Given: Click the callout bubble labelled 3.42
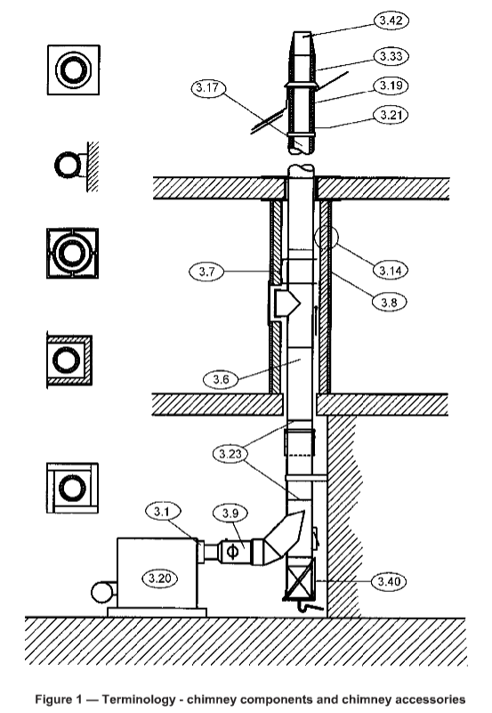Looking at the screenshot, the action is (x=391, y=20).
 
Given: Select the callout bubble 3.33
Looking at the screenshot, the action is (x=391, y=56).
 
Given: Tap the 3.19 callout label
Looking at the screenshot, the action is (x=391, y=85).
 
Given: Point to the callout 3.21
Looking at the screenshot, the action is (x=391, y=115).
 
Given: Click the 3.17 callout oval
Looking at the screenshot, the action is (x=208, y=87).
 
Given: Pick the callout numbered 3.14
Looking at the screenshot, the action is (x=391, y=271).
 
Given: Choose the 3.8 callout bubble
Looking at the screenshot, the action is (x=390, y=302).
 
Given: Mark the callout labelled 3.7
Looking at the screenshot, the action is (x=206, y=271).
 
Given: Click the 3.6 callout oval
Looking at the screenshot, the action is (x=221, y=379).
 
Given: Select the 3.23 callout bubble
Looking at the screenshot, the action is (x=230, y=453).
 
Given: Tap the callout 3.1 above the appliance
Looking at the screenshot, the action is (x=163, y=512).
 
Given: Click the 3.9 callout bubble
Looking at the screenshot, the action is (x=230, y=513).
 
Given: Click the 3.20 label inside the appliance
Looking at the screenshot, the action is (x=159, y=579).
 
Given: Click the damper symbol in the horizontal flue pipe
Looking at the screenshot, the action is (x=232, y=552).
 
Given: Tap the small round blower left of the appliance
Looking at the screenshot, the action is (x=102, y=593).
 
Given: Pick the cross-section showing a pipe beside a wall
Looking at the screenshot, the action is (x=77, y=166).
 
